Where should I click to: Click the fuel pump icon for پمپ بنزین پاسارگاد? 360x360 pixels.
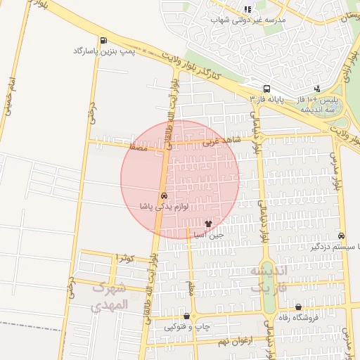tap(104, 40)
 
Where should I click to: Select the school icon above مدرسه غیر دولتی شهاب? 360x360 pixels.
tap(247, 9)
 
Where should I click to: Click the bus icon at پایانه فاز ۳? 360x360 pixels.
tap(266, 89)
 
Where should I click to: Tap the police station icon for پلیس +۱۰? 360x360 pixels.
tap(317, 89)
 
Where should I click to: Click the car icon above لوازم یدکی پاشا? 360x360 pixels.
tap(164, 195)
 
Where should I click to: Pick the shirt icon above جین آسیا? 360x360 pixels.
tap(207, 223)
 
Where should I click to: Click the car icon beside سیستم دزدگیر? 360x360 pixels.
tap(342, 236)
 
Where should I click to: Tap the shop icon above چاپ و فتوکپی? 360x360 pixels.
tap(186, 316)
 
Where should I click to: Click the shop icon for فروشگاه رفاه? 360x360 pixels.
tap(299, 307)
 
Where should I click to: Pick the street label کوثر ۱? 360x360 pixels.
tap(125, 257)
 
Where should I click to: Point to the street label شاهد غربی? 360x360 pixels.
tap(221, 141)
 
